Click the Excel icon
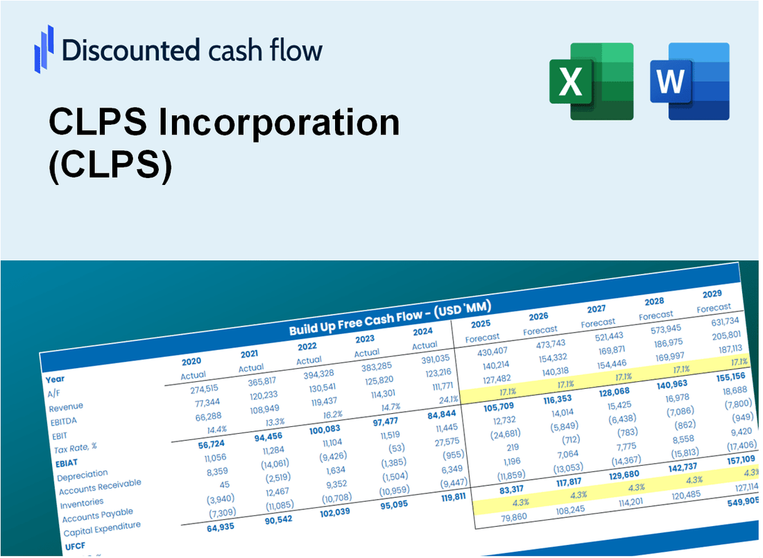tap(592, 81)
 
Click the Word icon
tap(689, 81)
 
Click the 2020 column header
tap(191, 361)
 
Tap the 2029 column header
tap(712, 293)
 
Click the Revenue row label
tap(66, 406)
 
